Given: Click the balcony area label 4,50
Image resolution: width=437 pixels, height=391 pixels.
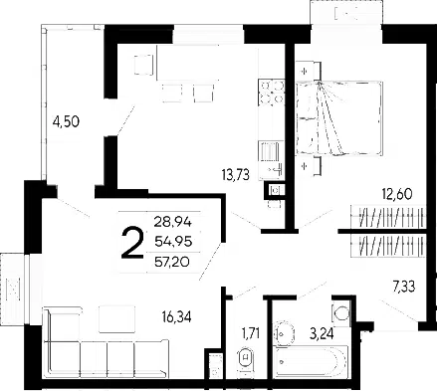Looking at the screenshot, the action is (x=66, y=121).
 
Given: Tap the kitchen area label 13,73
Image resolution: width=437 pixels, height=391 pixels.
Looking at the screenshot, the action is (x=235, y=174).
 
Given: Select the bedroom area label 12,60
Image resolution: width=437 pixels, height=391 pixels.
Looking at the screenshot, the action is (x=396, y=194).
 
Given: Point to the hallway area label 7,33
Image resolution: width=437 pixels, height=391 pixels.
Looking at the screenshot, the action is (x=404, y=287).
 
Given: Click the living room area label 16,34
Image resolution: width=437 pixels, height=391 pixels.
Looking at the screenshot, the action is (x=177, y=317).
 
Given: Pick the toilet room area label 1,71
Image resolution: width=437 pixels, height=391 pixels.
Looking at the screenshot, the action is (x=251, y=333).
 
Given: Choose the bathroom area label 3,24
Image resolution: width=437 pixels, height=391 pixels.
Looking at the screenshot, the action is (x=322, y=332).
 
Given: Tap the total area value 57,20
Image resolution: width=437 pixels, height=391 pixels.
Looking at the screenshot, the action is (x=172, y=263).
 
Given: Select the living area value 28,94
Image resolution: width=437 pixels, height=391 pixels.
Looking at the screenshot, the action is (x=173, y=222).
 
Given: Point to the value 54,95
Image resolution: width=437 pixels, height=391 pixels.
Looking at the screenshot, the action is (x=173, y=242).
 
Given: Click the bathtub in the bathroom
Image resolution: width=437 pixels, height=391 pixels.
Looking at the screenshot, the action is (x=312, y=361).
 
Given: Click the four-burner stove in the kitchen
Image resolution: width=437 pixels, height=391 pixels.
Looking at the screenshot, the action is (x=271, y=93).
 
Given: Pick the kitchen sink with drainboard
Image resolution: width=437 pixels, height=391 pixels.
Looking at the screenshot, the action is (x=271, y=160).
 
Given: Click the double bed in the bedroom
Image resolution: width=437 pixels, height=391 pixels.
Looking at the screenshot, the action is (x=339, y=117).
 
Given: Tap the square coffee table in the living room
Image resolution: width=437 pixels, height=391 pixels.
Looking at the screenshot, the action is (x=116, y=319).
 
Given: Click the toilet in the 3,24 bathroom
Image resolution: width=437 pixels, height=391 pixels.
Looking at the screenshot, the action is (x=341, y=312).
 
